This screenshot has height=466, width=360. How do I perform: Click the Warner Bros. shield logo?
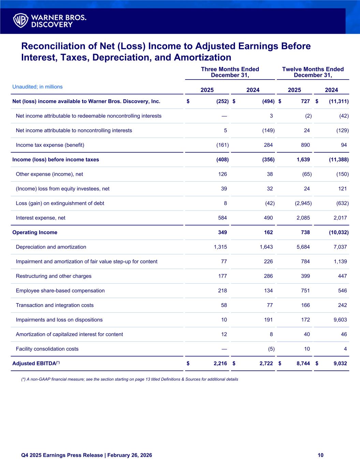click(20, 20)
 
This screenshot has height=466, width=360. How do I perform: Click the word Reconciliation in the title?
click(55, 46)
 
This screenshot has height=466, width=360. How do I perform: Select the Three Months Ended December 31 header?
click(230, 72)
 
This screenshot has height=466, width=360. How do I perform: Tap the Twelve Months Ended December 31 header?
click(313, 72)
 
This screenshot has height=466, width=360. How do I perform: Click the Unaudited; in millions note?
click(38, 87)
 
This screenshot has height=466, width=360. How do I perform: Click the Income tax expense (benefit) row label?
click(50, 145)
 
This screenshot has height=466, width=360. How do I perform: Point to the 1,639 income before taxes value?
click(303, 159)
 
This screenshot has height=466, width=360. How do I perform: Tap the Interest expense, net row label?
click(41, 218)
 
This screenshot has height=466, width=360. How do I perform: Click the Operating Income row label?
click(35, 232)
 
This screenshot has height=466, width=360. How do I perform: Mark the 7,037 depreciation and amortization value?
click(340, 247)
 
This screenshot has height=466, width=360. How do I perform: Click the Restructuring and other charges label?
click(54, 276)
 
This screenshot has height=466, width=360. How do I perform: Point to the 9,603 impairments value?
click(340, 320)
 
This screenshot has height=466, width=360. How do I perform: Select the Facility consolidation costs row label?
click(47, 349)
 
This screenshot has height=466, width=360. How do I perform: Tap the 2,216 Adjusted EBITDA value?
click(220, 364)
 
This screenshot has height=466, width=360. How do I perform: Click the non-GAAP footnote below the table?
click(130, 379)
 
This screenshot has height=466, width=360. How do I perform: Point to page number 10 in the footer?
click(320, 455)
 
